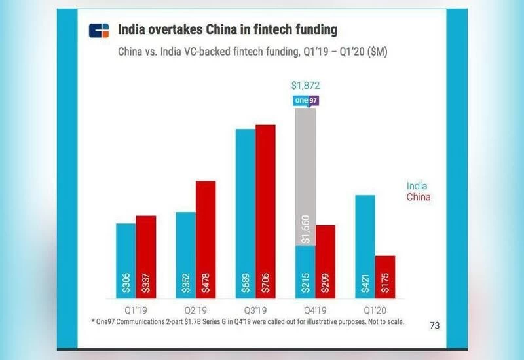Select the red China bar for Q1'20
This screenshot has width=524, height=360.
[385, 276]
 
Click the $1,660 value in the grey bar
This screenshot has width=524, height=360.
[306, 229]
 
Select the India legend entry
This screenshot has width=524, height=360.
[417, 185]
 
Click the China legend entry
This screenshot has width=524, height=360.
[419, 197]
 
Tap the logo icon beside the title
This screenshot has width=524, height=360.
[100, 31]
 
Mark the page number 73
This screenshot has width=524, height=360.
[434, 325]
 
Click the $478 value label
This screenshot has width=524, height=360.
[206, 283]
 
